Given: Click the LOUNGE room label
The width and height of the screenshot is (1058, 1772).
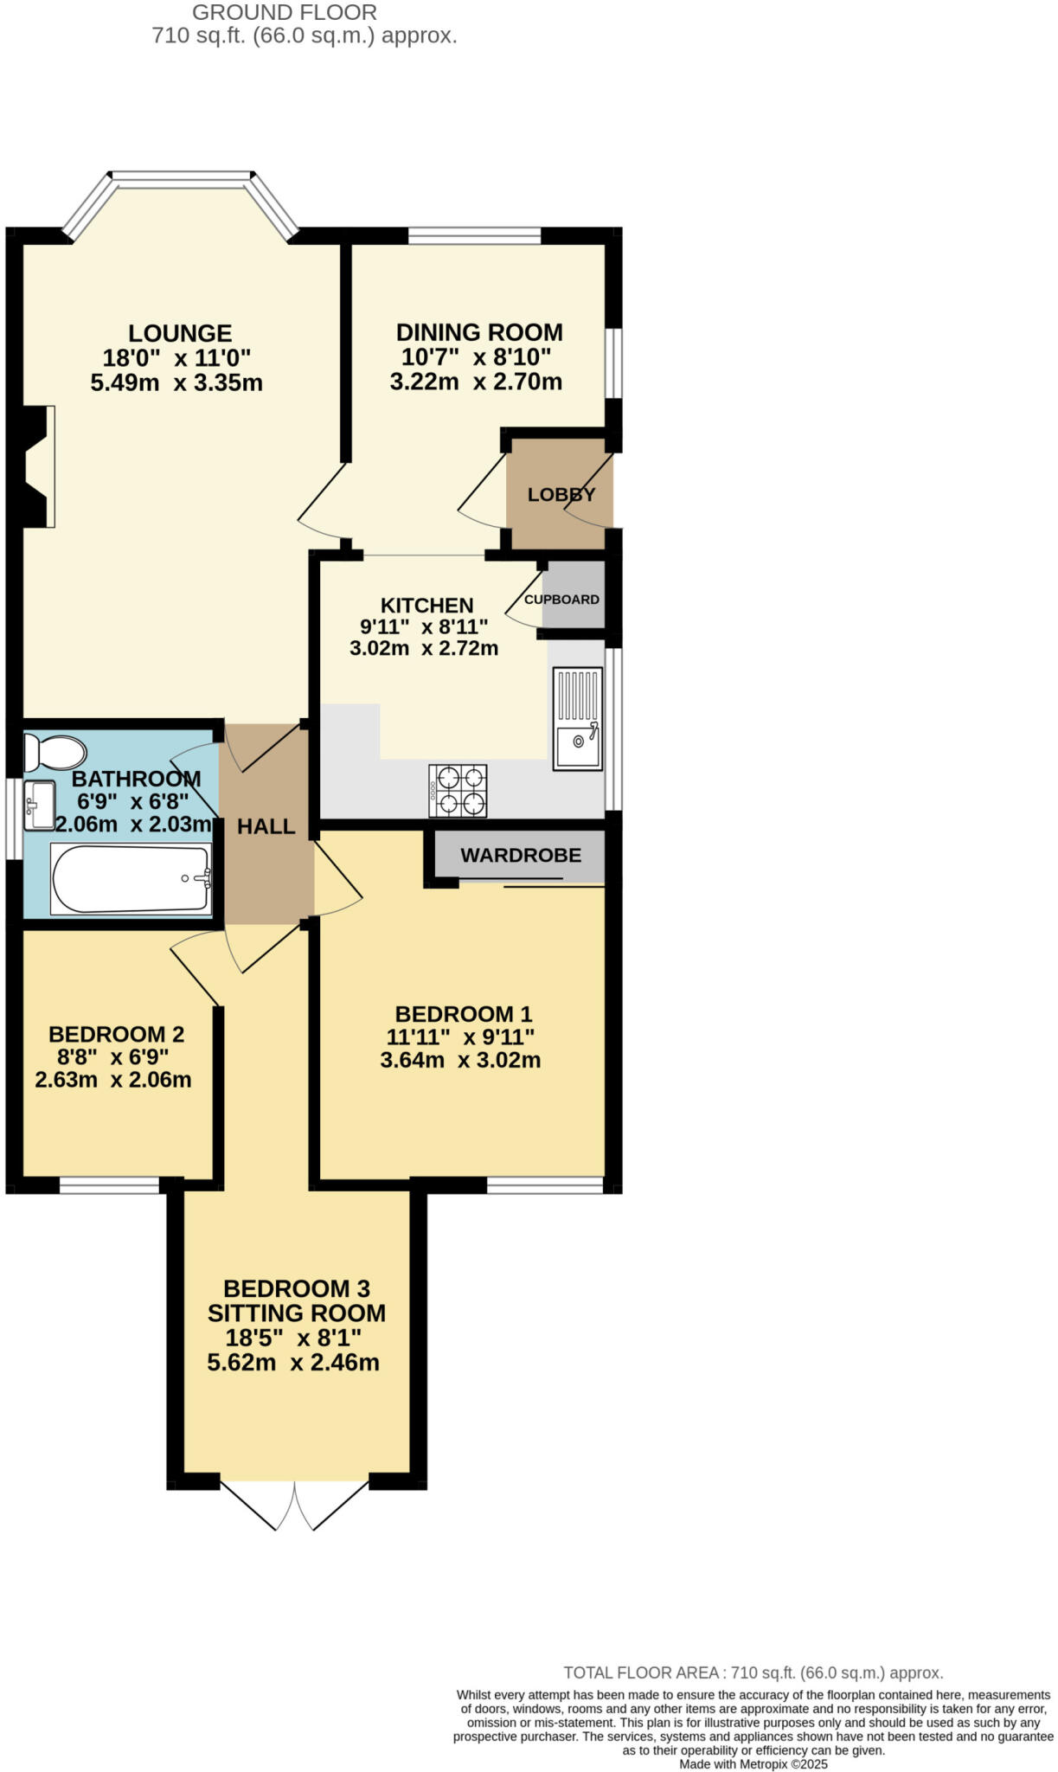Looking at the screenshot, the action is [180, 333].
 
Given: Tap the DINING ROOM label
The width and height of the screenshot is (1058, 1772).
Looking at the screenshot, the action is [479, 332].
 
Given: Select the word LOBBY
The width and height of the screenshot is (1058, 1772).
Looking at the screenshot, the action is [561, 495].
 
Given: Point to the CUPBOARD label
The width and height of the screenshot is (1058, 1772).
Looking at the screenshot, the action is [561, 600].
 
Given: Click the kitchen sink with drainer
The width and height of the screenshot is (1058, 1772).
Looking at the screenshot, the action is [577, 718].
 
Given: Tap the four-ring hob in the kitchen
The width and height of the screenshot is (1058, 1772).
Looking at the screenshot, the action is [458, 791].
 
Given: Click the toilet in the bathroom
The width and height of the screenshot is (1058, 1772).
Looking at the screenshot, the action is [54, 752].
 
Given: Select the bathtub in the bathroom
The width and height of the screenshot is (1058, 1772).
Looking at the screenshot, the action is [131, 879].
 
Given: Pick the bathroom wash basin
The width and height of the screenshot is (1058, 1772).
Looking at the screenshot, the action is [39, 806].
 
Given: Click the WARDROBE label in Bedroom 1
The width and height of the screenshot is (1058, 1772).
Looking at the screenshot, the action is [521, 856].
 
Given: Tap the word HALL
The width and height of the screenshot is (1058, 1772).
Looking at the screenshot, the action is [266, 826].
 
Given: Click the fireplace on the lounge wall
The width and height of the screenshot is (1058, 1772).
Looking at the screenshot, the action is [36, 466].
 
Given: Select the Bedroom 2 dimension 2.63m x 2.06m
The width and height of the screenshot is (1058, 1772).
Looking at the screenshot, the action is [113, 1080].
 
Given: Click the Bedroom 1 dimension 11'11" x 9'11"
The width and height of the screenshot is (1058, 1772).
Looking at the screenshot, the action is [460, 1037].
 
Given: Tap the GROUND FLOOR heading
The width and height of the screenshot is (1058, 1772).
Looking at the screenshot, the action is [285, 13].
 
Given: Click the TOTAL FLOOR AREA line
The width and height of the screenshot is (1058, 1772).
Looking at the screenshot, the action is [753, 1672].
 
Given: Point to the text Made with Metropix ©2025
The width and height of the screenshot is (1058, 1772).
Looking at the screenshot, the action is [753, 1764].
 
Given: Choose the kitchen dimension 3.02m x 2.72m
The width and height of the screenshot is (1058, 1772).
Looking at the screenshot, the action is [424, 648].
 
